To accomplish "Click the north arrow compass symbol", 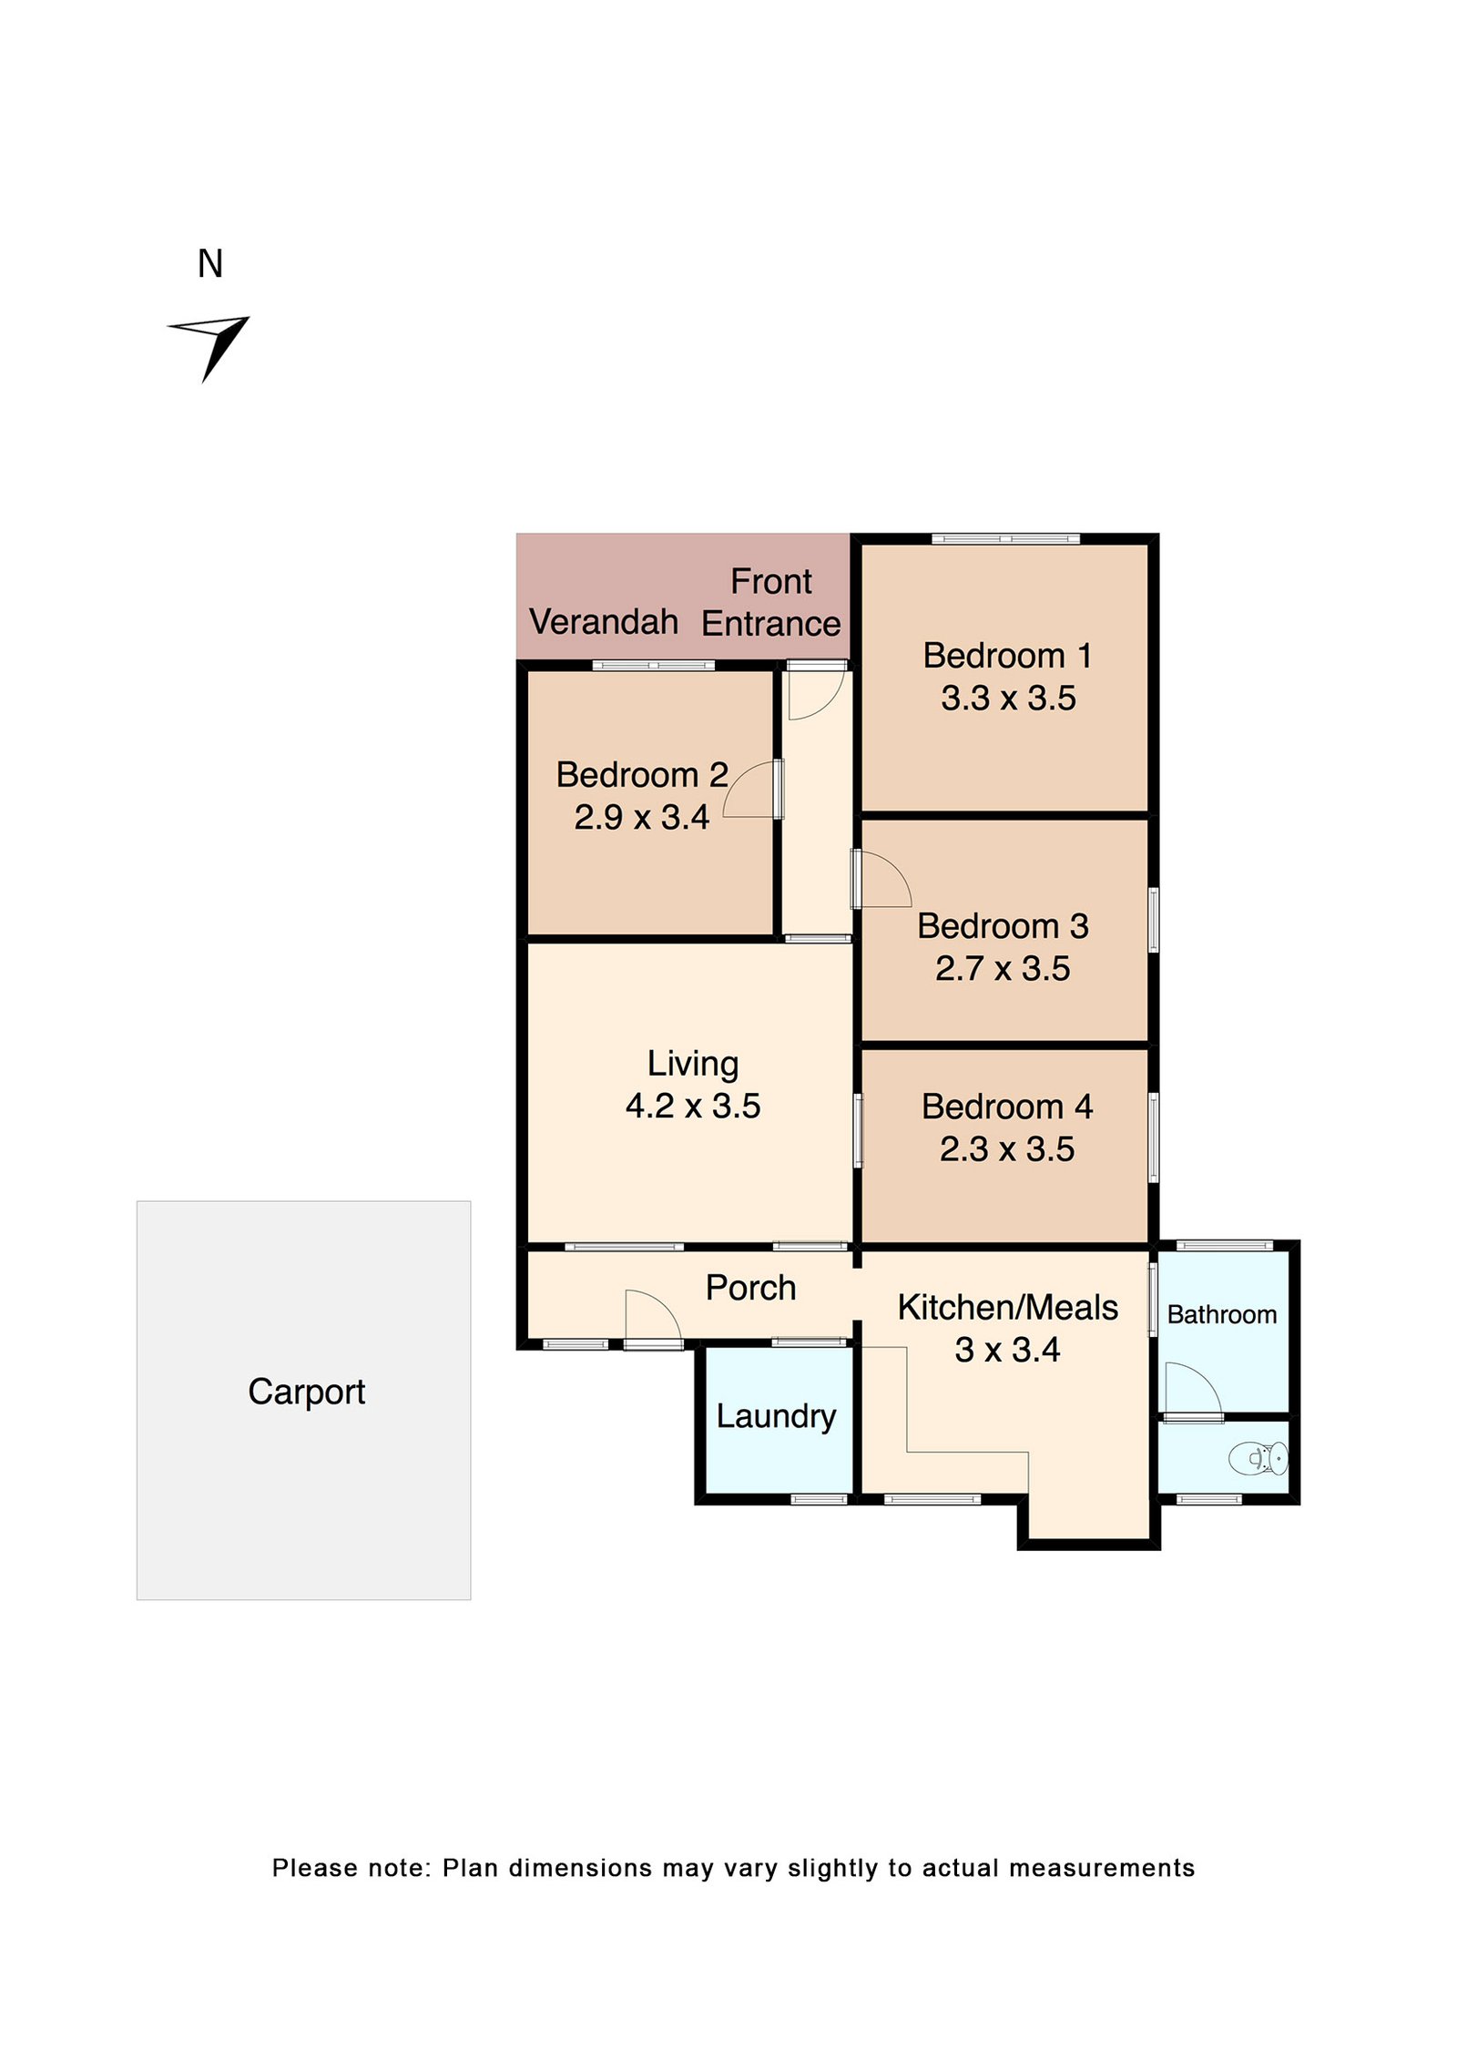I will (x=211, y=343).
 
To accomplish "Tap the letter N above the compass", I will (x=209, y=264).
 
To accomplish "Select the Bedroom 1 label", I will (x=1006, y=655).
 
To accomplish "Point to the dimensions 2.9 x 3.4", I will (x=641, y=817).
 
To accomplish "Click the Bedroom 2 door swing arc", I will (x=749, y=789).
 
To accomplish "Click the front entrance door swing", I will (x=817, y=694).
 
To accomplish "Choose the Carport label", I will (x=306, y=1392).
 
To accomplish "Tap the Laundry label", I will (x=776, y=1415).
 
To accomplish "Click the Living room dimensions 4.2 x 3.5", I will (x=692, y=1106).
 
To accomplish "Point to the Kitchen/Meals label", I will (x=1007, y=1307).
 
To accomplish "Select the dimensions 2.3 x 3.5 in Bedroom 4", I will (x=1006, y=1148).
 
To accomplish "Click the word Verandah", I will (x=603, y=622).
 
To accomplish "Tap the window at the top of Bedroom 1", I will (x=1005, y=539).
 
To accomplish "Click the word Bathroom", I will (x=1221, y=1314).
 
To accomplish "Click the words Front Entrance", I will (x=770, y=602).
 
